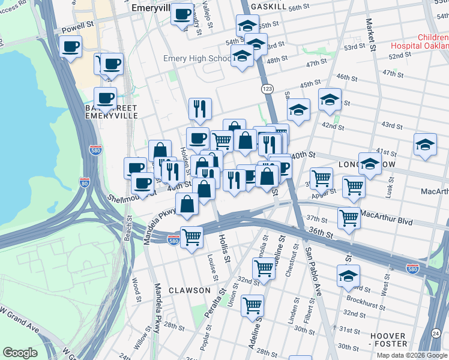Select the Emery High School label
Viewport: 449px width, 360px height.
[197, 59]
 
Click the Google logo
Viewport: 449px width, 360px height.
[20, 353]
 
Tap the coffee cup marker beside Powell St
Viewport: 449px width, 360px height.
[70, 46]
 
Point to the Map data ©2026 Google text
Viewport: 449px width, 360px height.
[412, 355]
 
